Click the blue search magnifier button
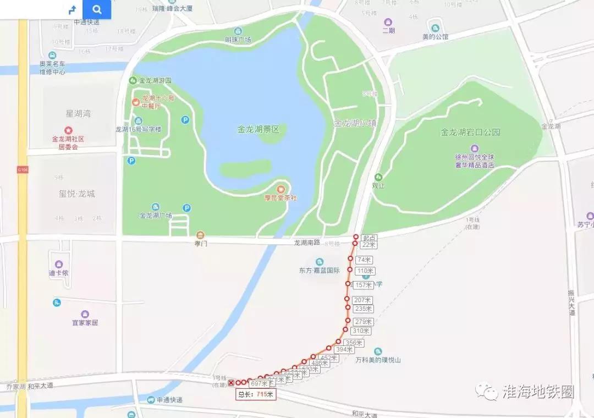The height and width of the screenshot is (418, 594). tap(97, 9)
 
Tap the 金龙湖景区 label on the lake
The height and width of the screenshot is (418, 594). tap(258, 130)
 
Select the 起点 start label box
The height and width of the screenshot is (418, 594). tap(369, 238)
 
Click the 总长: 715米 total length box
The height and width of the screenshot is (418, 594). tap(255, 394)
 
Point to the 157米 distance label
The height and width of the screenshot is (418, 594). tap(363, 285)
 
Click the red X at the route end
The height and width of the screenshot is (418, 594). tap(231, 383)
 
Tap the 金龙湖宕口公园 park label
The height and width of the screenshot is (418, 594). tap(470, 132)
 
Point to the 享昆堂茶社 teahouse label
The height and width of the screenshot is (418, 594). tap(280, 197)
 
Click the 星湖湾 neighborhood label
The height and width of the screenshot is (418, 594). tap(78, 114)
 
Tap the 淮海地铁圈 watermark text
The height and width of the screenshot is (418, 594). tap(538, 392)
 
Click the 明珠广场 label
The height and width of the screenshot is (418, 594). tap(238, 40)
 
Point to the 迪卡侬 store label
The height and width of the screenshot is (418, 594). tap(58, 273)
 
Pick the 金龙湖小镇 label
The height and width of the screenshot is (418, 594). tap(355, 123)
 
